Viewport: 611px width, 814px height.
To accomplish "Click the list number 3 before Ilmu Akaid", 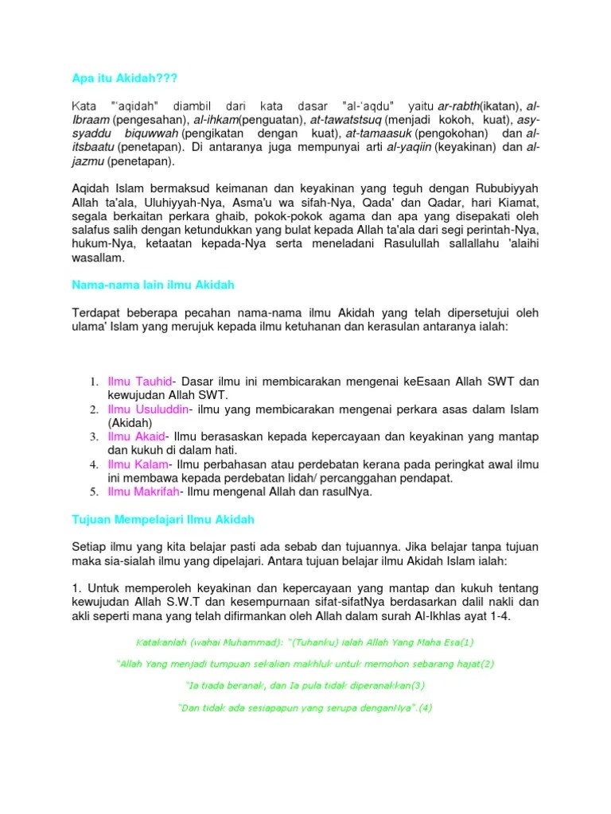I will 93,437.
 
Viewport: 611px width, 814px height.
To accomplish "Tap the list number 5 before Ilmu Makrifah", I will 93,492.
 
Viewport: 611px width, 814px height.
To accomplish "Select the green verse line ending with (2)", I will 305,663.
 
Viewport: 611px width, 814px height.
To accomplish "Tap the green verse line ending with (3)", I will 305,684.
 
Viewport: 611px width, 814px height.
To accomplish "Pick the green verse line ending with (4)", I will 305,707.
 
